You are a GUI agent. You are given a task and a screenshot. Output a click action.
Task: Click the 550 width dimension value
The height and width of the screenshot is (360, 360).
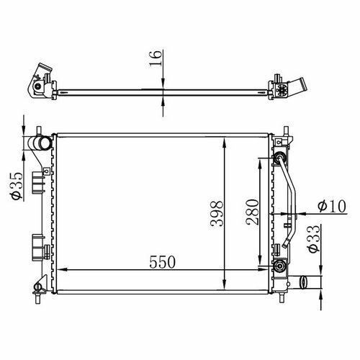162,262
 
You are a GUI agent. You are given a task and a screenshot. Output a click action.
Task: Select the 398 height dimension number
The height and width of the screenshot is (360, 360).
217,214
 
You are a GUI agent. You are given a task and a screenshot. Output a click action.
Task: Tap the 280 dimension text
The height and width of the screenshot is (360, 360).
253,212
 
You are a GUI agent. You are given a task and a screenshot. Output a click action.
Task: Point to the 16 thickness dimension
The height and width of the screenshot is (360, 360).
156,58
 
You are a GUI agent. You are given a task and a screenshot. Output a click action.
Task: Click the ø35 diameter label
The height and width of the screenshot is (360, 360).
17,186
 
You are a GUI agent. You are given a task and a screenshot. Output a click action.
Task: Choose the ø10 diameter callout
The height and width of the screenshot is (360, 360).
332,206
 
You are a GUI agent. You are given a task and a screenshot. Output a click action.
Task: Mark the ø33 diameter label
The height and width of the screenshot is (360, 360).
314,239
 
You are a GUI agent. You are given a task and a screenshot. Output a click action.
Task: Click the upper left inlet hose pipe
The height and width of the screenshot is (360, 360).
40,143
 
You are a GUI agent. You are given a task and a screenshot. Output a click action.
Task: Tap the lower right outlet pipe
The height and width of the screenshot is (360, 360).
305,282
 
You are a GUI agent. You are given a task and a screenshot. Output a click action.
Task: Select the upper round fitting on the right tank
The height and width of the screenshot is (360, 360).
279,158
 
